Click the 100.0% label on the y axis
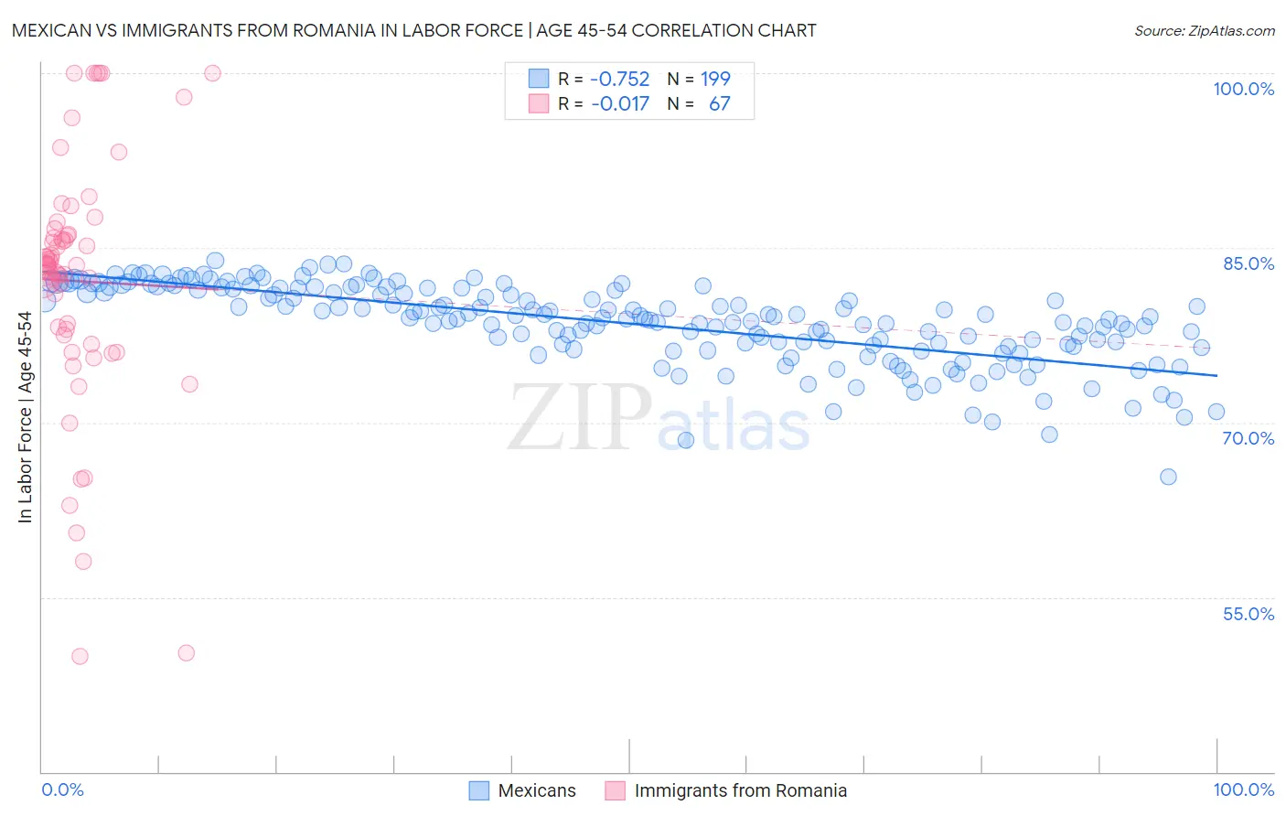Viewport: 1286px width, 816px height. pyautogui.click(x=1243, y=89)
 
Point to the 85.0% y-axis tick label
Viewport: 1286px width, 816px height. pyautogui.click(x=1248, y=263)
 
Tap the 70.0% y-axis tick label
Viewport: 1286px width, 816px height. pyautogui.click(x=1248, y=438)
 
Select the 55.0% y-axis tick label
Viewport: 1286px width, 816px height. pyautogui.click(x=1248, y=614)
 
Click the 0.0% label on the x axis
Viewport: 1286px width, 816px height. pyautogui.click(x=63, y=790)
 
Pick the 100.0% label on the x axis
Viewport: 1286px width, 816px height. pyautogui.click(x=1243, y=790)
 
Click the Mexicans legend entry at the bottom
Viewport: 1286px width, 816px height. pyautogui.click(x=537, y=790)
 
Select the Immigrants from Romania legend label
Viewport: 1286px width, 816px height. pyautogui.click(x=740, y=790)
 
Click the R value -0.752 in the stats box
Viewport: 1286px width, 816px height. pyautogui.click(x=620, y=79)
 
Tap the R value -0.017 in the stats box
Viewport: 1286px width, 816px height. pyautogui.click(x=620, y=103)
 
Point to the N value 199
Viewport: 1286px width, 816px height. pyautogui.click(x=715, y=79)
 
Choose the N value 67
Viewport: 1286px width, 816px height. pyautogui.click(x=720, y=103)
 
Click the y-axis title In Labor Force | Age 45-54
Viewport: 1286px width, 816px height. pyautogui.click(x=25, y=417)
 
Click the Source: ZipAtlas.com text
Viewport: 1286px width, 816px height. pyautogui.click(x=1204, y=30)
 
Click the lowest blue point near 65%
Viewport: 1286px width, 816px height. pyautogui.click(x=1168, y=477)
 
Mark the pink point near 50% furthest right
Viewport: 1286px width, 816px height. pyautogui.click(x=186, y=652)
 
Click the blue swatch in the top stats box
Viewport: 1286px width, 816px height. pyautogui.click(x=539, y=79)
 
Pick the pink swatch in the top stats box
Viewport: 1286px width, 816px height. pyautogui.click(x=539, y=103)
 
